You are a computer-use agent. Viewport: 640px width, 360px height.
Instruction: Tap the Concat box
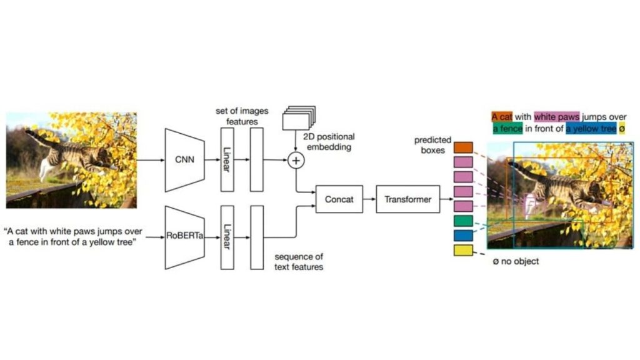pyautogui.click(x=339, y=199)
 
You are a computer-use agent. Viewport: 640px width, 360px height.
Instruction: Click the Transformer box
pyautogui.click(x=407, y=199)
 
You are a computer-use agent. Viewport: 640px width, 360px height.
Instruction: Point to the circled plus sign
pyautogui.click(x=296, y=161)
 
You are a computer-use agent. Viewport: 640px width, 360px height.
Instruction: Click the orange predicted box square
pyautogui.click(x=463, y=147)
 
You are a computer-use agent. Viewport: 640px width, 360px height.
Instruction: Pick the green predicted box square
pyautogui.click(x=463, y=221)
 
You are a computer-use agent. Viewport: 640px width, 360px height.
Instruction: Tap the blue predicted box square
pyautogui.click(x=463, y=236)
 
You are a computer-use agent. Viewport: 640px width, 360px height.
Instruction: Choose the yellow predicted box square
pyautogui.click(x=463, y=251)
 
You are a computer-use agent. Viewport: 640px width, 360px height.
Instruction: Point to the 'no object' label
pyautogui.click(x=516, y=261)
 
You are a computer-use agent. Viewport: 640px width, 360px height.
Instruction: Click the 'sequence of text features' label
pyautogui.click(x=299, y=262)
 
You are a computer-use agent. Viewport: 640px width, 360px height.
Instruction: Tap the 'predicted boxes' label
pyautogui.click(x=432, y=145)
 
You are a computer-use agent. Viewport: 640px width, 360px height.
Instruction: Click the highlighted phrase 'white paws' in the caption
pyautogui.click(x=556, y=116)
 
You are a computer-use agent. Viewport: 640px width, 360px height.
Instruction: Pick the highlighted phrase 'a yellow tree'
pyautogui.click(x=594, y=129)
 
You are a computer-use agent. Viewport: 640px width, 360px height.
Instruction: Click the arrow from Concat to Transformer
pyautogui.click(x=369, y=199)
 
